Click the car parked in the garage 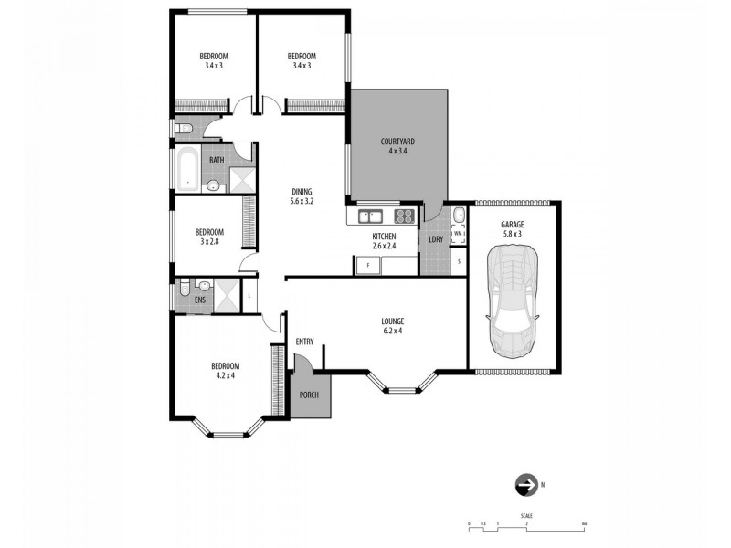[514, 304]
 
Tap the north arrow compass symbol [526, 485]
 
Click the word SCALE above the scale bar [527, 516]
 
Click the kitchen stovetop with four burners [404, 216]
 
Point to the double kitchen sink [371, 216]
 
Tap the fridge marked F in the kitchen [367, 265]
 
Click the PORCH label [309, 395]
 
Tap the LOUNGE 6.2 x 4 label [393, 326]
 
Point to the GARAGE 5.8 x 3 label [513, 229]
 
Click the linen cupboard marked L [249, 296]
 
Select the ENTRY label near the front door [305, 342]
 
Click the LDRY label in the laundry [436, 239]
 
